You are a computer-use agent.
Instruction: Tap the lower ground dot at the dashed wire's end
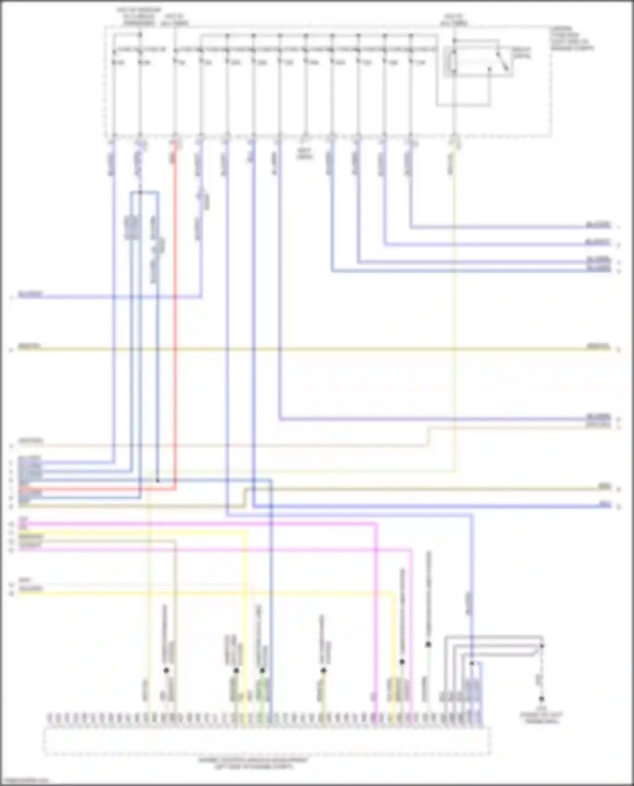coord(541,699)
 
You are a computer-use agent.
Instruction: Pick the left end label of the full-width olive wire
coord(30,347)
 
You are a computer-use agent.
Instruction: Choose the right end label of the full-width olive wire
coord(598,347)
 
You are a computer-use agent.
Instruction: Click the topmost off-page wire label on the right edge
coord(598,224)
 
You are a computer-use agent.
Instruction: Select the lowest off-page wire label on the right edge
coord(605,504)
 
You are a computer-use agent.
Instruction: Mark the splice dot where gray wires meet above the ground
coord(542,645)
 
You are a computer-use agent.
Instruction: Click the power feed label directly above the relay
coord(454,20)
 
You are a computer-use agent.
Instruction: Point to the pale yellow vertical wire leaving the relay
coord(455,296)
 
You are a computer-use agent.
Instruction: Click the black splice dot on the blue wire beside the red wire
coord(158,481)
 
